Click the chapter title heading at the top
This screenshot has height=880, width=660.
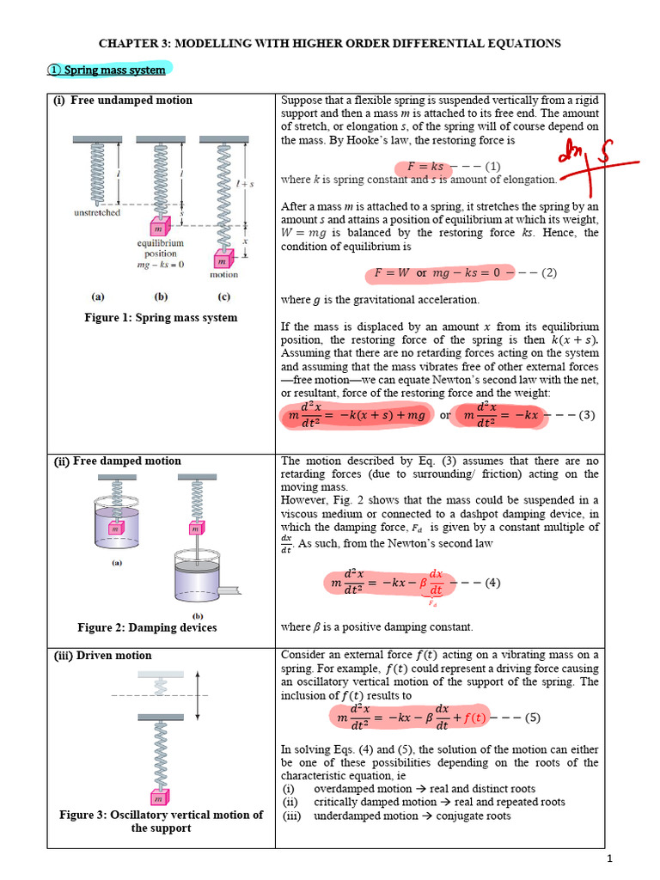330,42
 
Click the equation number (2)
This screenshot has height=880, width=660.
550,273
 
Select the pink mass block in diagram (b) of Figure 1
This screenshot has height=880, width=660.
158,229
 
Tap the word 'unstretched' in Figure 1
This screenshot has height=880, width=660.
97,212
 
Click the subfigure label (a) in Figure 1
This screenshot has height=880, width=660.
98,296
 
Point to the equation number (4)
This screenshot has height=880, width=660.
492,582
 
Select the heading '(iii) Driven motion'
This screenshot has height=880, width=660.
103,656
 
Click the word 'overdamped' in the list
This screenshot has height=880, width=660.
345,788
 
